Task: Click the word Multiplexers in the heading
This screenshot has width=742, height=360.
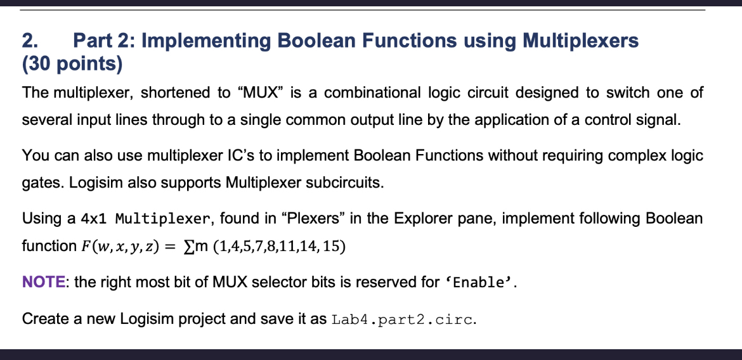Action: (580, 42)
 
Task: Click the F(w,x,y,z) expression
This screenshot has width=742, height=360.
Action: (117, 247)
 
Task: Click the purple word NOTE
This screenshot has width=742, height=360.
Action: (44, 283)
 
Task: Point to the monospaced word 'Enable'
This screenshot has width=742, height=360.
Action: (479, 283)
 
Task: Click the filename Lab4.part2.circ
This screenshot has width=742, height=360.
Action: (402, 319)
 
